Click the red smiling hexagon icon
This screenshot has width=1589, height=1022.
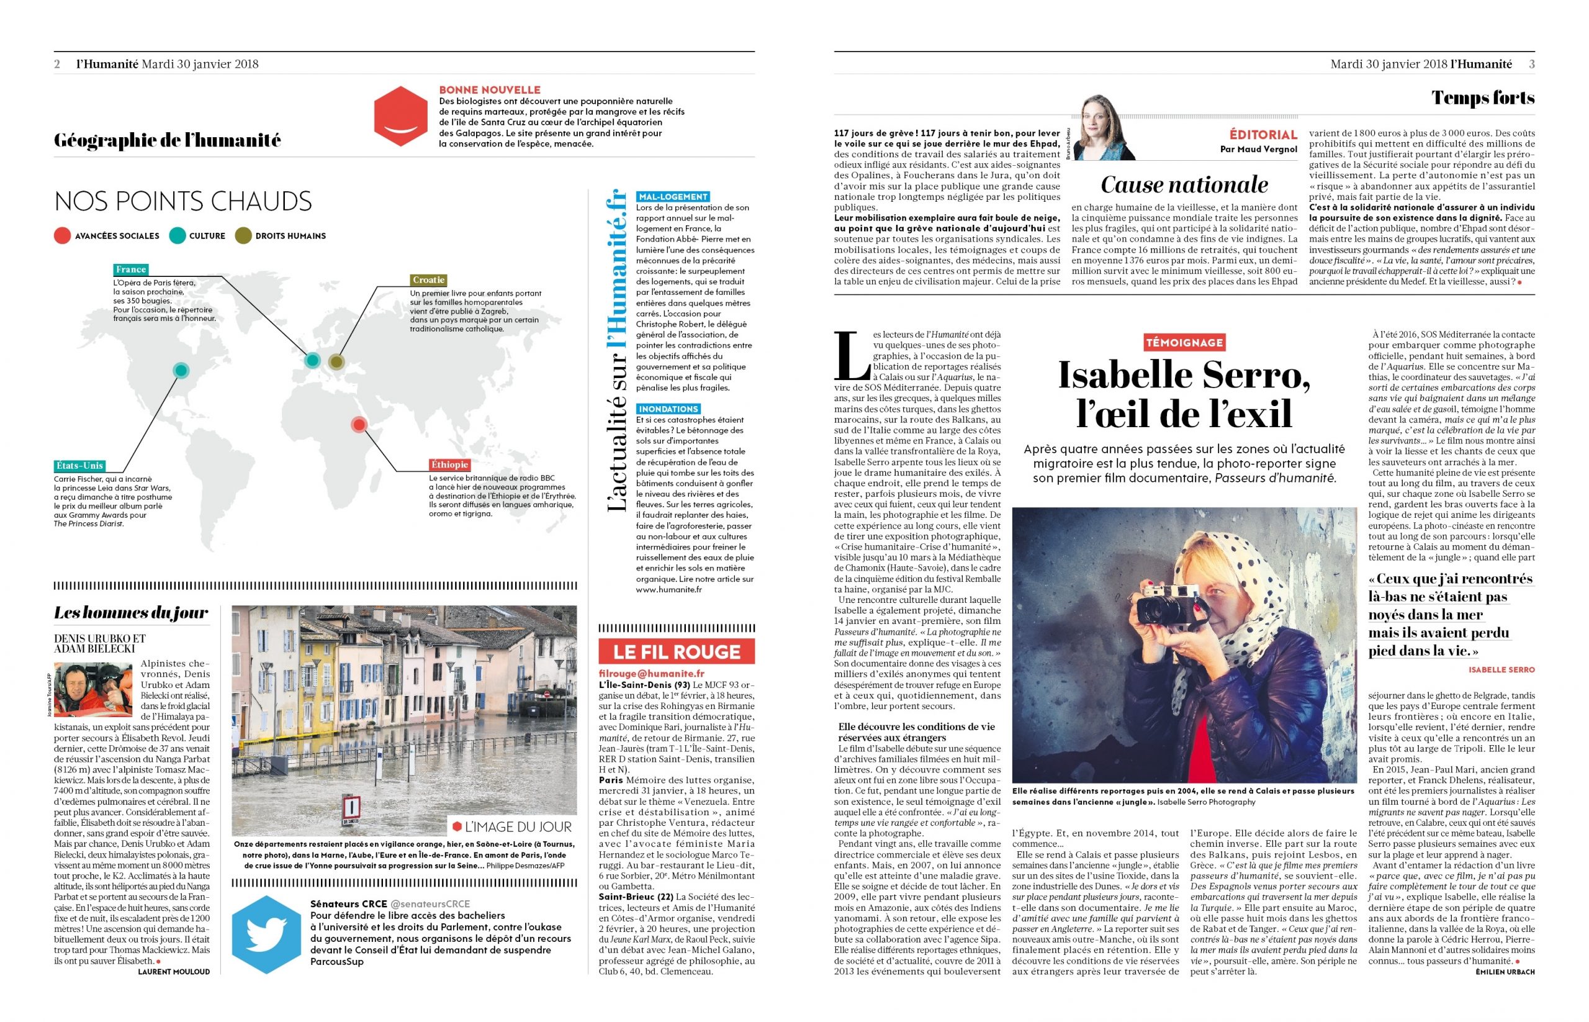(x=400, y=118)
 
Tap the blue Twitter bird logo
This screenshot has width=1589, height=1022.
(x=266, y=934)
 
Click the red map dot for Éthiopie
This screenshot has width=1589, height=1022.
(x=359, y=424)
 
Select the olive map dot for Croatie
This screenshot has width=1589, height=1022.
(x=336, y=362)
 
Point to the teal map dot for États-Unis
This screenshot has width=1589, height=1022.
(x=181, y=370)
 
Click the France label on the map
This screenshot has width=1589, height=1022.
(x=131, y=269)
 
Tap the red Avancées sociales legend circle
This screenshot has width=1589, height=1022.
(x=62, y=235)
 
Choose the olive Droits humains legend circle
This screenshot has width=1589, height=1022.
(x=243, y=235)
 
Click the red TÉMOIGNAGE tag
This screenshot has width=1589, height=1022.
(x=1184, y=343)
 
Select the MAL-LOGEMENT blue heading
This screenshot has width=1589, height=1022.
(x=673, y=196)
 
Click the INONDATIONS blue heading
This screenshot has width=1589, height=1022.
(x=668, y=409)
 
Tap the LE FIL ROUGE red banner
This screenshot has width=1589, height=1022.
(x=676, y=652)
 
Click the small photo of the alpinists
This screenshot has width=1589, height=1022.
(x=84, y=690)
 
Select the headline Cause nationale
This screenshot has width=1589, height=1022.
(x=1184, y=184)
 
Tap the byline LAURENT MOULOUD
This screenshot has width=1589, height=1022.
(x=174, y=972)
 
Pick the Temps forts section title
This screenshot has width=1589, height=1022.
(x=1483, y=98)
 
